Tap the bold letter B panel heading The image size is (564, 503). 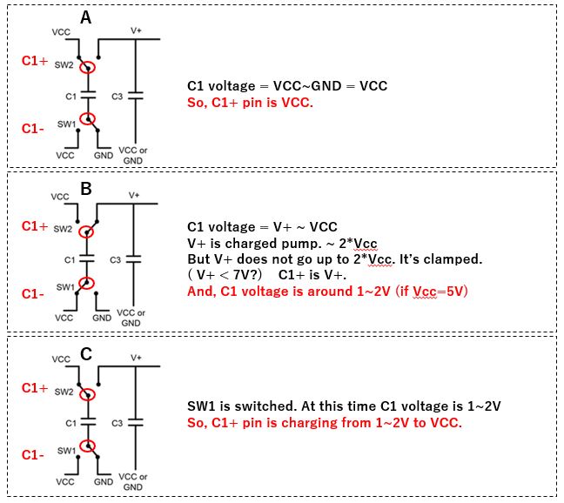coord(86,184)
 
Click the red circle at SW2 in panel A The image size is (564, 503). coord(86,66)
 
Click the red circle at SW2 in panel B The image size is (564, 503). coord(86,231)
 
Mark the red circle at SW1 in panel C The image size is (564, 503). coord(86,447)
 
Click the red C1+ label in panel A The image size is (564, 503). coord(35,61)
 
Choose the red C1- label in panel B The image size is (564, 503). coord(33,293)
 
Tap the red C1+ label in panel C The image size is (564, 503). coord(35,387)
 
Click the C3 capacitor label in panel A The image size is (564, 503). coord(117,95)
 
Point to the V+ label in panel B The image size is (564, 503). coord(135,196)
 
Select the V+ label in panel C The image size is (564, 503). coord(136,358)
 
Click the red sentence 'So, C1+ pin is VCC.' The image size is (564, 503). coord(250,102)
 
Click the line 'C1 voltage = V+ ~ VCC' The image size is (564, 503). coord(262,227)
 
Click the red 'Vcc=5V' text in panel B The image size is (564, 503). coord(444,292)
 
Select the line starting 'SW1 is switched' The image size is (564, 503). coord(344,406)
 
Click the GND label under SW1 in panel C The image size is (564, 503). coord(103,481)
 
